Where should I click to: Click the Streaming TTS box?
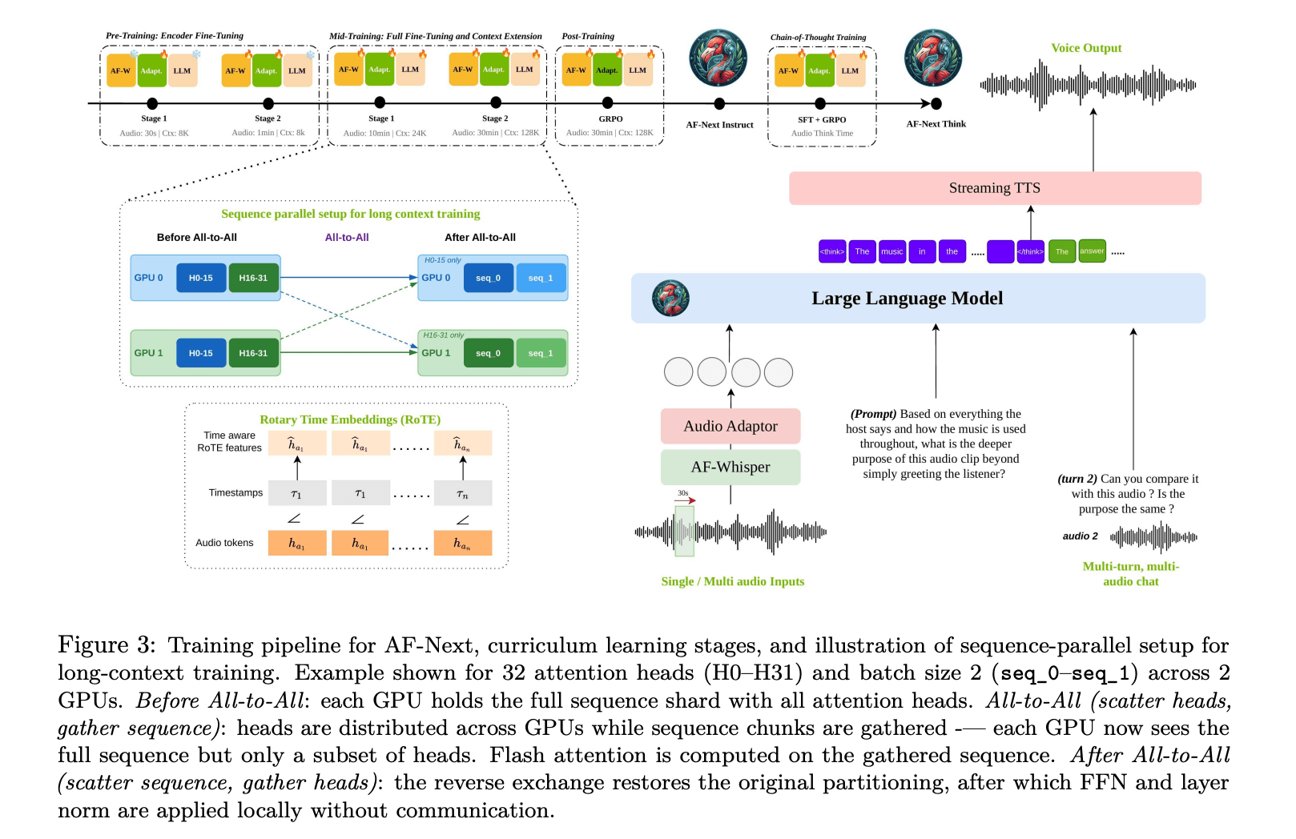coord(994,188)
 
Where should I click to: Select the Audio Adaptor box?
coord(730,426)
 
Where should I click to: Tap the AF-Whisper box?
coord(730,467)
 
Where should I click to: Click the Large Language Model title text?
coord(907,299)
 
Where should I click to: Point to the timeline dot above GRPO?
coord(607,102)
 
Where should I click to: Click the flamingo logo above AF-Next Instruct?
coord(718,58)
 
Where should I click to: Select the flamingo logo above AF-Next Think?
coord(932,58)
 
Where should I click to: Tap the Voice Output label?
coord(1086,48)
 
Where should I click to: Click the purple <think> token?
coord(831,251)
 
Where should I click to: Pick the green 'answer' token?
coord(1092,251)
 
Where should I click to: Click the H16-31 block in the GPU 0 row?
coord(253,278)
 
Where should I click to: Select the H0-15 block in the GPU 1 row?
coord(200,353)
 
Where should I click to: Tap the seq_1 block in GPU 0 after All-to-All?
coord(540,278)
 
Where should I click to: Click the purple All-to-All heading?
coord(347,237)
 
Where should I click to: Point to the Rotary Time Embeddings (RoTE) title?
coord(350,419)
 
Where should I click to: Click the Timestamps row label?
coord(235,492)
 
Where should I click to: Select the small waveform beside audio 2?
coord(1153,537)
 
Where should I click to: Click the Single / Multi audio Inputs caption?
coord(732,581)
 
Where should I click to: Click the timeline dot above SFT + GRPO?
coord(820,103)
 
